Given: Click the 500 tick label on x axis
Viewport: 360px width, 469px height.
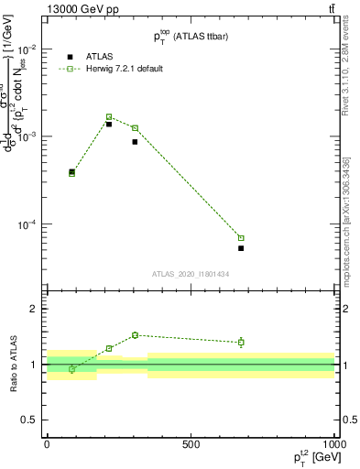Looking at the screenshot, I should click(x=191, y=444).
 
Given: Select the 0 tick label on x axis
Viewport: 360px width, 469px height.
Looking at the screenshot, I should click(x=47, y=444).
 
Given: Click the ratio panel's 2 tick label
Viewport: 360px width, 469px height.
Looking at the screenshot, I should click(x=32, y=310).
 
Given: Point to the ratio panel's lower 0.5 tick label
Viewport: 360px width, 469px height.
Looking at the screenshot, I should click(x=28, y=420).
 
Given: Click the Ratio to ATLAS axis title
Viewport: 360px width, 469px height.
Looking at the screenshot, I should click(x=14, y=365).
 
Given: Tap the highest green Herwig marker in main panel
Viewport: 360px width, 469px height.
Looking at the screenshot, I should click(x=109, y=117).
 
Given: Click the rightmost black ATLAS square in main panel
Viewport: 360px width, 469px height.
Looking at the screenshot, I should click(x=241, y=248).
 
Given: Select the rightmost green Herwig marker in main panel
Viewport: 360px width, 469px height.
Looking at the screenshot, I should click(x=241, y=238).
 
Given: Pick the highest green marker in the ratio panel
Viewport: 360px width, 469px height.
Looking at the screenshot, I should click(x=135, y=335).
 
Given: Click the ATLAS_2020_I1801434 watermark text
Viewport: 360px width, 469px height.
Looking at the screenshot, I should click(x=190, y=274).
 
